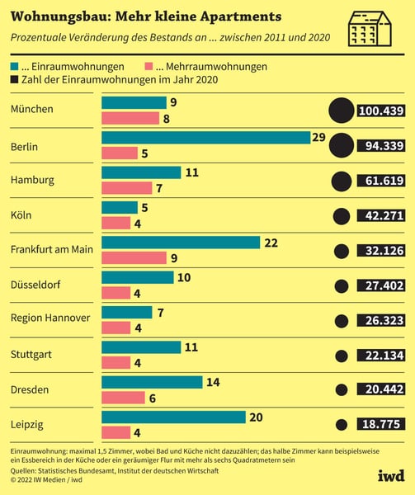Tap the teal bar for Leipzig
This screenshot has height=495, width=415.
(173, 417)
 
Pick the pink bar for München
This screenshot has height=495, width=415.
(130, 118)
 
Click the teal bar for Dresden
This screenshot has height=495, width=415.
(152, 382)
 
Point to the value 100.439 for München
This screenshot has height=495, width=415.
(380, 111)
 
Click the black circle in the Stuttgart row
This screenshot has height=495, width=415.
(340, 355)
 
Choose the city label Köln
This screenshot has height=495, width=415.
(22, 215)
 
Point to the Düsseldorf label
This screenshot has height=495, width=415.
(35, 285)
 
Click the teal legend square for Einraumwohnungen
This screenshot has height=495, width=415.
(16, 66)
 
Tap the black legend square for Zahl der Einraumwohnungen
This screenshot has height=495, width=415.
(16, 80)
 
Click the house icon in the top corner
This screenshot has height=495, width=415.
(370, 29)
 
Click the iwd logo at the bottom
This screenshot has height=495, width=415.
(390, 476)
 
